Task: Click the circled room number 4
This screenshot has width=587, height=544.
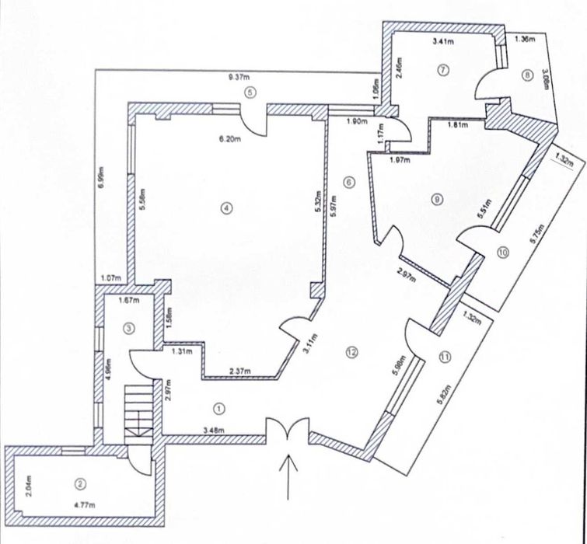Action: point(225,207)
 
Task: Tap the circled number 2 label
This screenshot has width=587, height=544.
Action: point(79,483)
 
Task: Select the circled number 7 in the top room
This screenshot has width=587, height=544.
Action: point(444,69)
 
